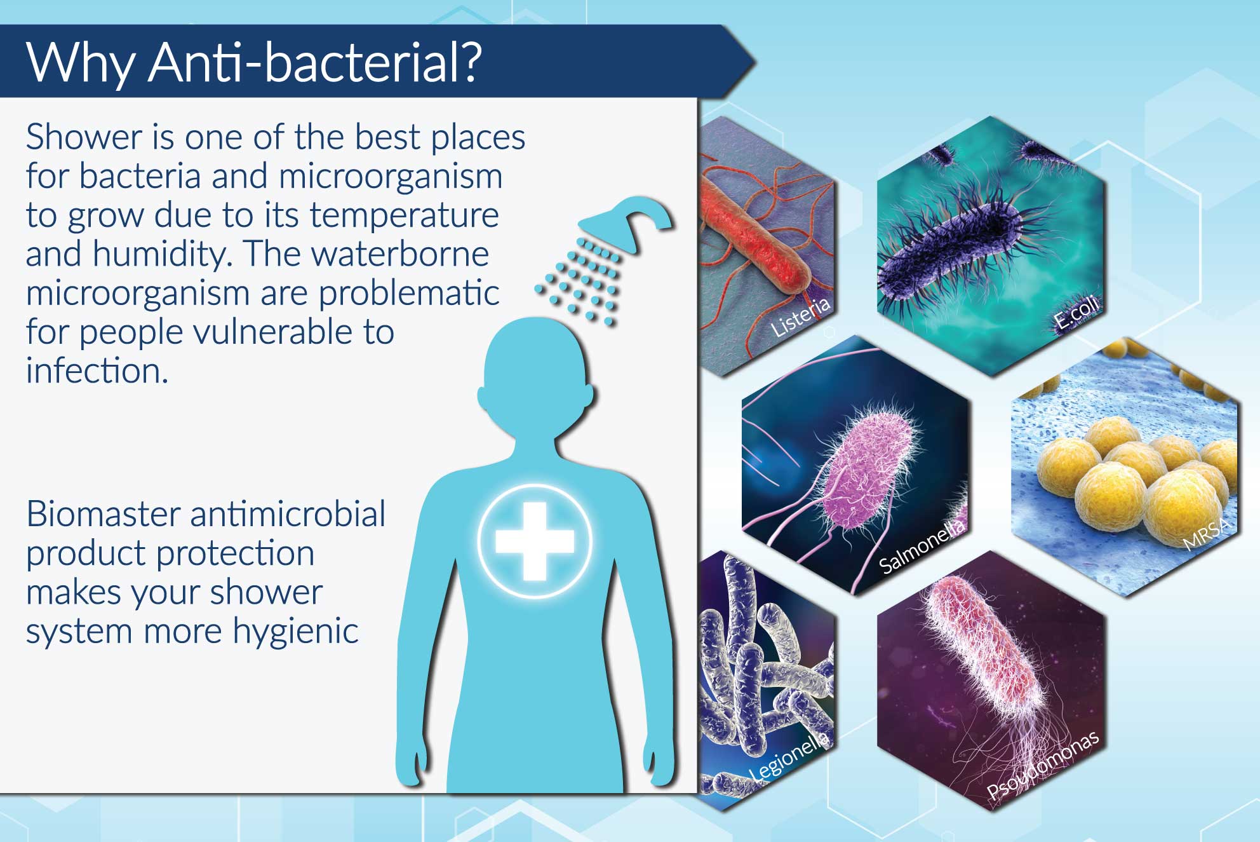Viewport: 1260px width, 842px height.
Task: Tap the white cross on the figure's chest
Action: pos(535,541)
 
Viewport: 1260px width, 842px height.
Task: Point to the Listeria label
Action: pos(801,316)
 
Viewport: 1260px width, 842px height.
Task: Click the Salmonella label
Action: pos(923,545)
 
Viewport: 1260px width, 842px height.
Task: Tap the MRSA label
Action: pos(1207,533)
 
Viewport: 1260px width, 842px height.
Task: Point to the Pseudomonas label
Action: pos(1043,764)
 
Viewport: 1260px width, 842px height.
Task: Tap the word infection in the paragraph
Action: pos(97,370)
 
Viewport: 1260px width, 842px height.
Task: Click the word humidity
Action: pos(159,254)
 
